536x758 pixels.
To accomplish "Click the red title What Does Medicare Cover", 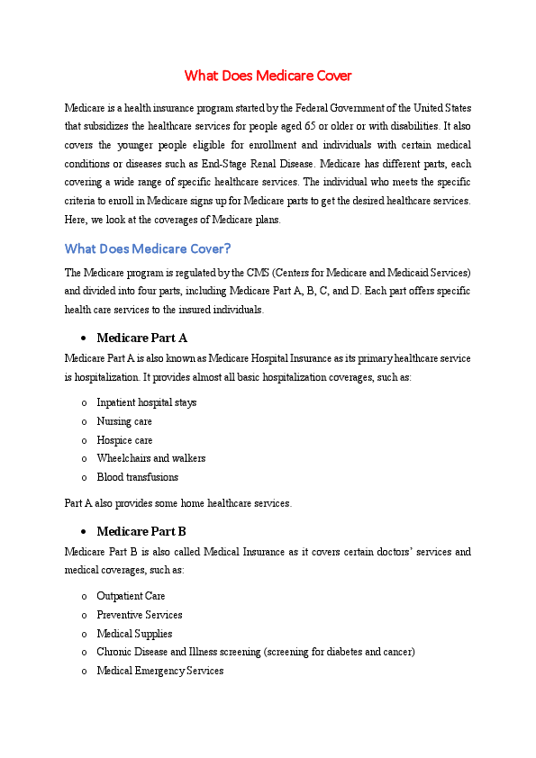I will [268, 75].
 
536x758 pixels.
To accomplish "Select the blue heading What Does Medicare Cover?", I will [148, 248].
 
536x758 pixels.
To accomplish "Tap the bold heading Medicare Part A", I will [141, 338].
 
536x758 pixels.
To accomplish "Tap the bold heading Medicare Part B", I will [141, 531].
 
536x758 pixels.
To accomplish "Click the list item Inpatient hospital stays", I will [146, 402].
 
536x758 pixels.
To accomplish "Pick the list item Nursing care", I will [124, 421].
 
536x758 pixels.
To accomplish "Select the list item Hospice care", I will [124, 440].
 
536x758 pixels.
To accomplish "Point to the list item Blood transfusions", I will [137, 477].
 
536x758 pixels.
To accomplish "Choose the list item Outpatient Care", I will [131, 596].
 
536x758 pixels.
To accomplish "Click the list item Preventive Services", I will [139, 615].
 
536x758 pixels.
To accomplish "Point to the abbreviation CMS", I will [260, 272].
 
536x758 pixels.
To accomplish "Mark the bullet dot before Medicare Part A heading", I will [83, 339].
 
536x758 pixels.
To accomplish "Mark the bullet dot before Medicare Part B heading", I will [83, 532].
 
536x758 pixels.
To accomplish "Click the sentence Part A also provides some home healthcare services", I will [178, 503].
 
